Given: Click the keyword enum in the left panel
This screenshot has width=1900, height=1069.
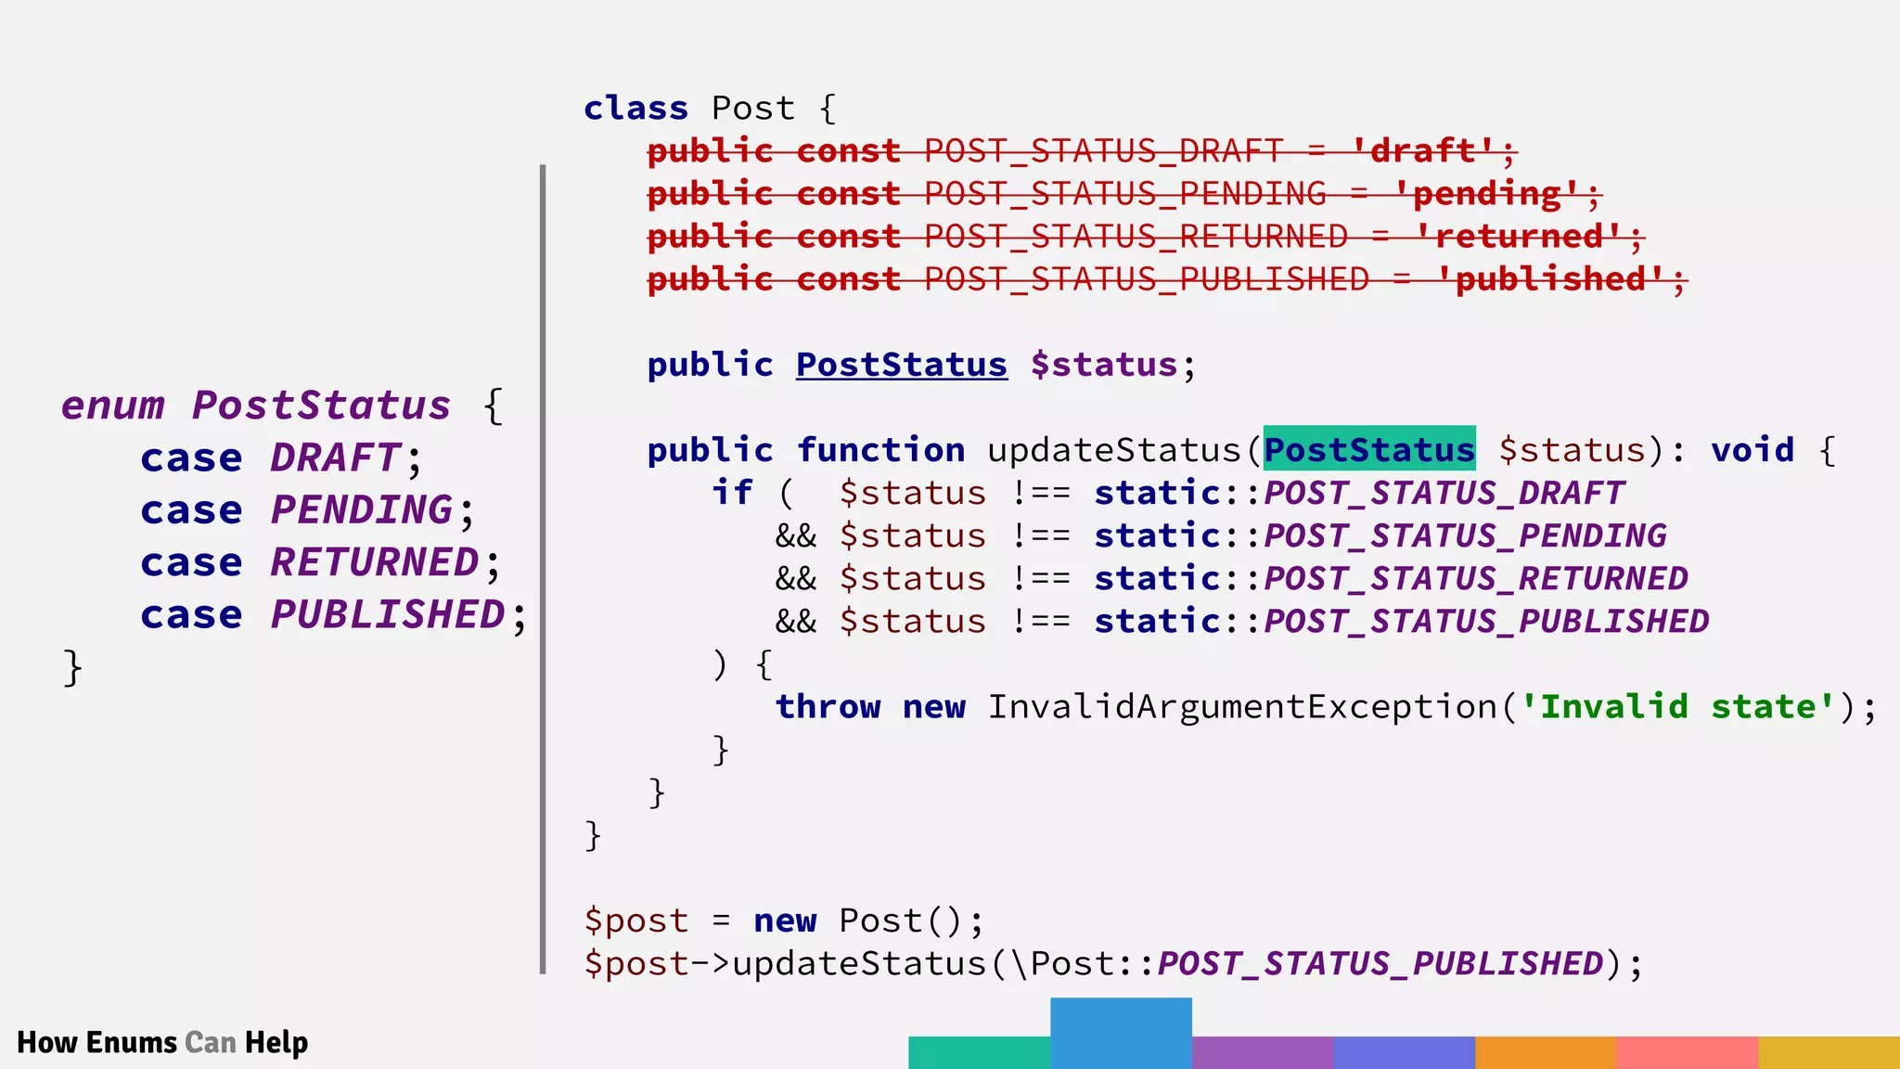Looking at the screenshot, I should click(112, 406).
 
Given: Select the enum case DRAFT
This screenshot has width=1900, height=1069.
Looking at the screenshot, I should click(335, 458).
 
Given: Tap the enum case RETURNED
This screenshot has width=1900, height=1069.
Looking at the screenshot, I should click(375, 563).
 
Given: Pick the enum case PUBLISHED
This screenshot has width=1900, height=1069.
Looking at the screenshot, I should click(388, 615).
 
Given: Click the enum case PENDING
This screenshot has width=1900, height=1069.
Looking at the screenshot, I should click(362, 510).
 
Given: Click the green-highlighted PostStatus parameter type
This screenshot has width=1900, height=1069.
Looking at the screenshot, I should click(1368, 450).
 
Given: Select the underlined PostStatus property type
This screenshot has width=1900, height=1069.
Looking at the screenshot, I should click(901, 365).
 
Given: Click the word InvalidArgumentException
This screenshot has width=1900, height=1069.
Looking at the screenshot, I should click(1241, 707).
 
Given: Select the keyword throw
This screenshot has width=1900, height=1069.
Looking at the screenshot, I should click(828, 707).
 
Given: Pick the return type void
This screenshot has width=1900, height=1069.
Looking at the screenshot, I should click(1752, 450).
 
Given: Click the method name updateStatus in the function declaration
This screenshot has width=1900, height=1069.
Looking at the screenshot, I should click(1113, 450).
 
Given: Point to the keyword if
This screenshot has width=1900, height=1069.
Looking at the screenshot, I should click(731, 493).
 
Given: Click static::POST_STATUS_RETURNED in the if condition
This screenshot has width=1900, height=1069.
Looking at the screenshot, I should click(1390, 579).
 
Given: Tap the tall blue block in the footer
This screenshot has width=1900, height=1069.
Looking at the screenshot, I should click(1121, 1032).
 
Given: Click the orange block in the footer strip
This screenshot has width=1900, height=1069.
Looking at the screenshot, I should click(1545, 1052).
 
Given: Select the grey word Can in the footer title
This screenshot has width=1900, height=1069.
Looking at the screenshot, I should click(211, 1043).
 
